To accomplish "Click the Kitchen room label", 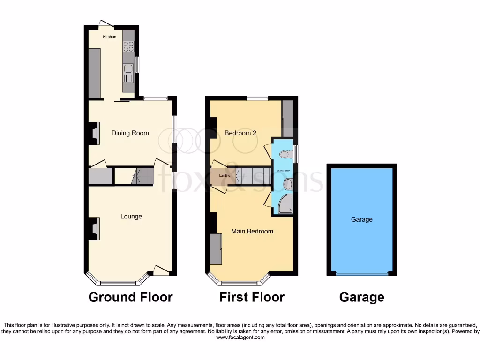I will pyautogui.click(x=110, y=37).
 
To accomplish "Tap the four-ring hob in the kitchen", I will pyautogui.click(x=128, y=46).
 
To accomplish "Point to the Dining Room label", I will pyautogui.click(x=130, y=133).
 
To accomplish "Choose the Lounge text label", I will pyautogui.click(x=131, y=217).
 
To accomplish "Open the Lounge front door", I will pyautogui.click(x=161, y=270).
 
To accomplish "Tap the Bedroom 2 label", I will pyautogui.click(x=240, y=133).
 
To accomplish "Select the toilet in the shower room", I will pyautogui.click(x=285, y=154).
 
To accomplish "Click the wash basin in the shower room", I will pyautogui.click(x=287, y=184).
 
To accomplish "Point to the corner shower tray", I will pyautogui.click(x=285, y=205).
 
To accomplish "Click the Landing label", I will pyautogui.click(x=219, y=176).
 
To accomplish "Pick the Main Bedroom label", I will pyautogui.click(x=252, y=231).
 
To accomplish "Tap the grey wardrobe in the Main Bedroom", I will pyautogui.click(x=216, y=248).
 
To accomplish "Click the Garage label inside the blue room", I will pyautogui.click(x=362, y=219).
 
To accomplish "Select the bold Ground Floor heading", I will pyautogui.click(x=130, y=297).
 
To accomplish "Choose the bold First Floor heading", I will pyautogui.click(x=252, y=297).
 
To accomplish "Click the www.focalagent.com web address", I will pyautogui.click(x=240, y=337).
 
